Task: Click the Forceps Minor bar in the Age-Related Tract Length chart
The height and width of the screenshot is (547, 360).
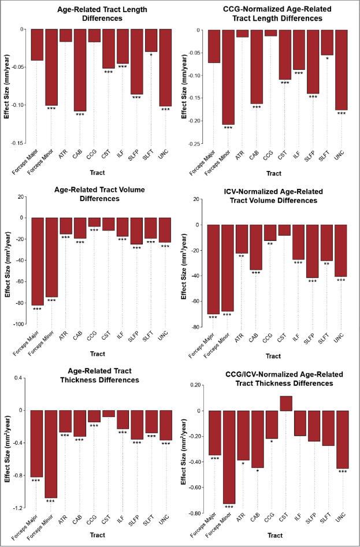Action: tap(51, 67)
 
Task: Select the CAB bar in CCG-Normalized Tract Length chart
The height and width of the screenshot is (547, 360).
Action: tap(256, 67)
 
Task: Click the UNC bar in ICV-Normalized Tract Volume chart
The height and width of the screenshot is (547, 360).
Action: tap(342, 251)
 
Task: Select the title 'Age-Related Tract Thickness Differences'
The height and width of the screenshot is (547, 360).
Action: tap(97, 375)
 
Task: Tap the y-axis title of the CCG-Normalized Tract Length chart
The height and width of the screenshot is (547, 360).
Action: tap(185, 87)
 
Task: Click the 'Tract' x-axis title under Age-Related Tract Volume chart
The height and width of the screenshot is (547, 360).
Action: tap(97, 353)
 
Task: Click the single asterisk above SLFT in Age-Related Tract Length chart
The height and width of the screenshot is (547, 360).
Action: tap(151, 55)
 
